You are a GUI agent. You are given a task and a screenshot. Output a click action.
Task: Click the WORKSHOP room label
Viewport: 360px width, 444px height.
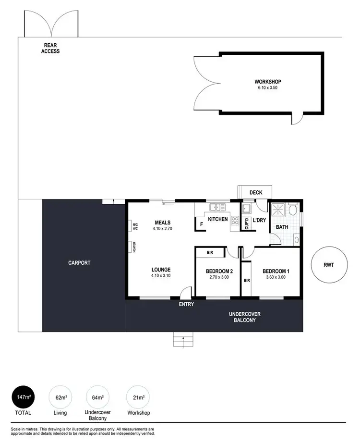tap(268, 82)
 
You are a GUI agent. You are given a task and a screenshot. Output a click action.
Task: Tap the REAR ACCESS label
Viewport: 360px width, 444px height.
tap(50, 49)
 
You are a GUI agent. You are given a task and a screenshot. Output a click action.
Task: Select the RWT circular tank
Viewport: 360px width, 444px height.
tap(328, 265)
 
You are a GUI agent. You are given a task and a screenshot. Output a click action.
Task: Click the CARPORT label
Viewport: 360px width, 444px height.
tap(79, 263)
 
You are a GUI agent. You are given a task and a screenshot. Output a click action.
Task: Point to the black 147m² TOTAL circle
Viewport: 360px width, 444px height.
tap(23, 397)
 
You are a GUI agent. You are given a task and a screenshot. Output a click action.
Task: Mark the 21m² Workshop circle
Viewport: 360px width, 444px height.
tap(138, 397)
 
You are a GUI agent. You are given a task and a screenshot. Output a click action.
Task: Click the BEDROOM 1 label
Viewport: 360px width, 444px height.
tap(276, 271)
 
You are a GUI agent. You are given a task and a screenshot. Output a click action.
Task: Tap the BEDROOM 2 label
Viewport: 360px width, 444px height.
tap(219, 271)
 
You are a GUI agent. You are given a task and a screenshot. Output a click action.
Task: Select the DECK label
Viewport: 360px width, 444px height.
tap(256, 193)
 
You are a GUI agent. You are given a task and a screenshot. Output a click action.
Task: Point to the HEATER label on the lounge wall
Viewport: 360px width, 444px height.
tap(135, 247)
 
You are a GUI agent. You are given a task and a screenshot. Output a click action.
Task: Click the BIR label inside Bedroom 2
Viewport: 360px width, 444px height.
tap(210, 252)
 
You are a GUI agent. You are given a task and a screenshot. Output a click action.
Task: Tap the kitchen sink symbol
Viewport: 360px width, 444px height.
tap(217, 208)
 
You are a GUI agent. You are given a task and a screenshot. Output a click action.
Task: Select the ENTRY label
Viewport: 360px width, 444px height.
tap(186, 304)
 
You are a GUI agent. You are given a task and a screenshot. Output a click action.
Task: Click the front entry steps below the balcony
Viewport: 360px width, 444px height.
tap(182, 341)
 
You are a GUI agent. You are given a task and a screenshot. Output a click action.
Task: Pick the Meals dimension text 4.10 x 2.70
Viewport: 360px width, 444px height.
tap(162, 229)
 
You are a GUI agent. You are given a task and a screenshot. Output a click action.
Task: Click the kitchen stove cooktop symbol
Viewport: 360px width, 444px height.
tap(235, 221)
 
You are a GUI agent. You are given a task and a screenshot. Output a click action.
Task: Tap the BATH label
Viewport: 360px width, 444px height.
tap(282, 227)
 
